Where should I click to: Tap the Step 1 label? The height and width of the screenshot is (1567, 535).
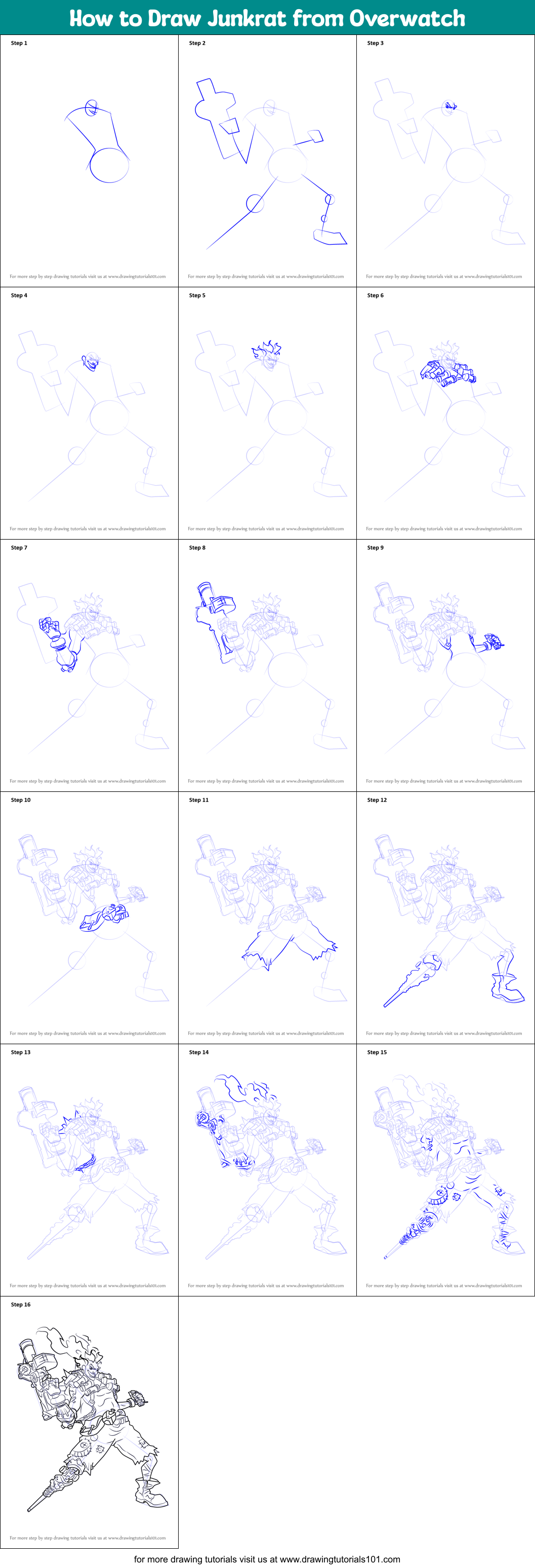[x=19, y=43]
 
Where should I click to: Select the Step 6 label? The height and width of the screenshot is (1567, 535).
[x=375, y=296]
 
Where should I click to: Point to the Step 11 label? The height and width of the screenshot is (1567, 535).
[x=198, y=800]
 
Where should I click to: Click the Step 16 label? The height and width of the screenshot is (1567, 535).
[x=20, y=1304]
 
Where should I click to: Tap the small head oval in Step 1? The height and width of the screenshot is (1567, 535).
[x=91, y=108]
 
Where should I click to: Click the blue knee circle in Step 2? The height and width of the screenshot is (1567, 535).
[x=255, y=203]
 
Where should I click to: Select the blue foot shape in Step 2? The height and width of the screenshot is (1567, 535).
[x=330, y=238]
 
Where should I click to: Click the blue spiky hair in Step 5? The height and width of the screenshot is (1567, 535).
[x=266, y=350]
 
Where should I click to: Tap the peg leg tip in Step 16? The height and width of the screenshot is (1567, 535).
[x=30, y=1509]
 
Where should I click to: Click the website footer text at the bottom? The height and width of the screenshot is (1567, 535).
[x=267, y=1559]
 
